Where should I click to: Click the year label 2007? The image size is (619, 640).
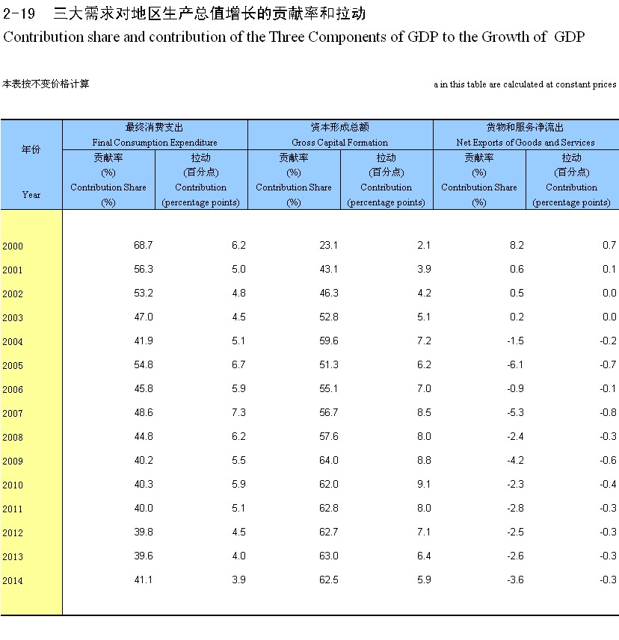13,413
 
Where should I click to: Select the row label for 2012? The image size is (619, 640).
13,532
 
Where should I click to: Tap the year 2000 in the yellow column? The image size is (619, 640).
13,246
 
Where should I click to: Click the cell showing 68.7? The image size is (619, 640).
142,245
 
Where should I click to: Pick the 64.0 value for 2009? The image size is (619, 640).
327,460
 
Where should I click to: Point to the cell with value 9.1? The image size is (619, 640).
423,484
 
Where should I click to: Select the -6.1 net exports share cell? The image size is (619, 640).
515,364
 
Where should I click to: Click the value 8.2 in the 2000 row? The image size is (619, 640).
517,245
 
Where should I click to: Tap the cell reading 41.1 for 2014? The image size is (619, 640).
142,580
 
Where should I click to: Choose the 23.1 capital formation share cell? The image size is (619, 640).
327,245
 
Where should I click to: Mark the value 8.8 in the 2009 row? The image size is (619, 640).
423,460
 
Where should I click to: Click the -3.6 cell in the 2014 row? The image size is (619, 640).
515,580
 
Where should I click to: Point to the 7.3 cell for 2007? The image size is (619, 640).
239,412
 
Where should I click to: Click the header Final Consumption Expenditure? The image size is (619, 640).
155,142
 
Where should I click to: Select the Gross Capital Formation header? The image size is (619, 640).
340,142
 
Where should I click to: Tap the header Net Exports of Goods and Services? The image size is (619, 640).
526,142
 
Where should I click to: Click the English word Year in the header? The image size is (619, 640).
31,194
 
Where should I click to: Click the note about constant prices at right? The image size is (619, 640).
525,84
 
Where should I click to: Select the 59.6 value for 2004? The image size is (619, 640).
327,341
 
